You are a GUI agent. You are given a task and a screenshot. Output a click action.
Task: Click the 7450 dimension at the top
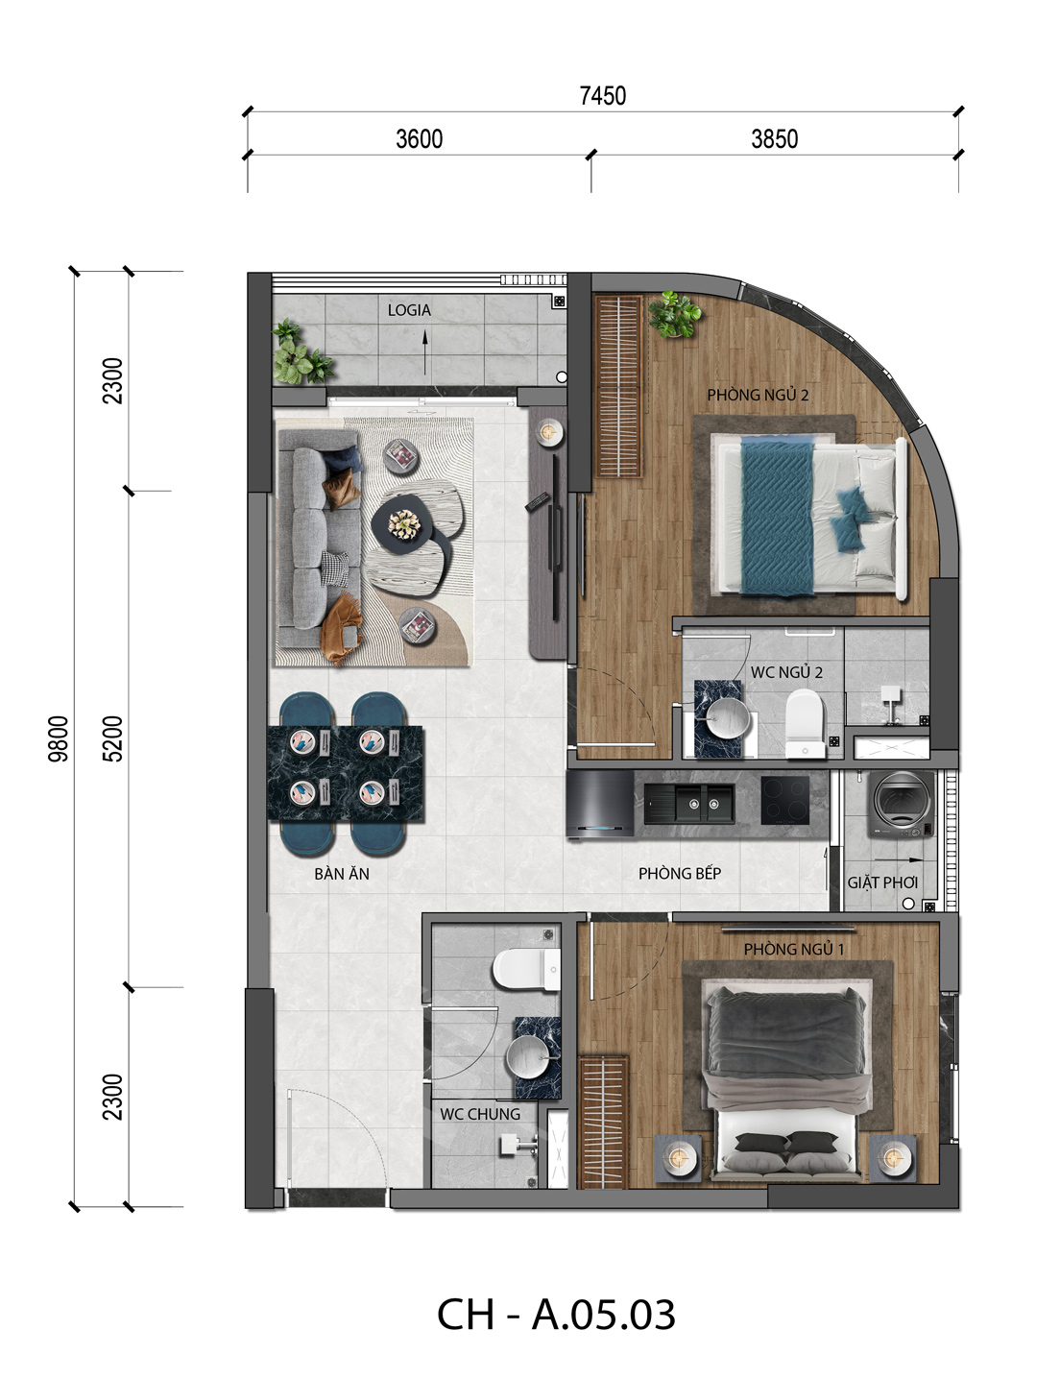(x=602, y=96)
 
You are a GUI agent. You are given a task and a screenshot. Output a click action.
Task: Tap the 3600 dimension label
(x=419, y=139)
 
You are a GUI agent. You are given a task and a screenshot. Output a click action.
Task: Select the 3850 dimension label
(x=774, y=139)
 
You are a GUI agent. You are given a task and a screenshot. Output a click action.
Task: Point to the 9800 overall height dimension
(x=59, y=738)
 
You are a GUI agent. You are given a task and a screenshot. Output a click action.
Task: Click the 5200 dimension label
(x=113, y=738)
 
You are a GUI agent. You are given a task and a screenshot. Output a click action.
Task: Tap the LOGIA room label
(x=409, y=310)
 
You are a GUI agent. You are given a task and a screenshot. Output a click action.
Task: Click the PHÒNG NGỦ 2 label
(x=758, y=395)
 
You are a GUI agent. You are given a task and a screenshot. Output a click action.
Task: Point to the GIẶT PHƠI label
(x=882, y=882)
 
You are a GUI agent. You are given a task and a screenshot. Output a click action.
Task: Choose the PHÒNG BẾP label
(x=680, y=873)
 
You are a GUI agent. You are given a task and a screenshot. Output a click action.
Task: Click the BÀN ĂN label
(x=342, y=873)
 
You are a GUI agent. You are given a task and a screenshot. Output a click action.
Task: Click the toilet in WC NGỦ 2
(x=806, y=723)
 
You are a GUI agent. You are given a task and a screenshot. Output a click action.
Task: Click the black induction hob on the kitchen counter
(x=784, y=800)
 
